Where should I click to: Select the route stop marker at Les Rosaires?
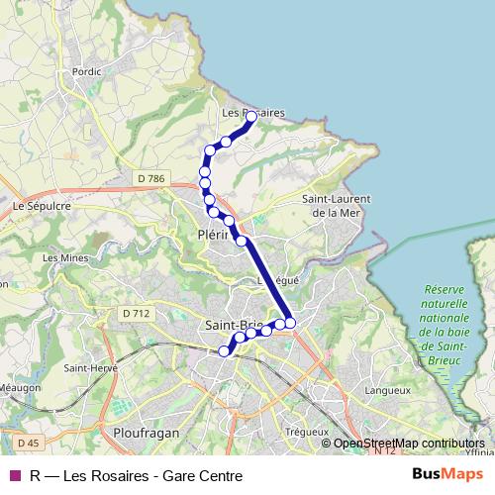click(x=250, y=117)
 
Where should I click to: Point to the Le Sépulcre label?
click(x=39, y=207)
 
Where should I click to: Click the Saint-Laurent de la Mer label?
click(x=331, y=205)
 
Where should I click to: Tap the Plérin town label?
click(x=214, y=236)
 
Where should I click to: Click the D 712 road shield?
click(x=137, y=314)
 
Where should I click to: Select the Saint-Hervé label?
click(x=85, y=366)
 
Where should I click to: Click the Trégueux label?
click(x=305, y=432)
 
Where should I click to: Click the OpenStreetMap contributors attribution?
click(x=408, y=443)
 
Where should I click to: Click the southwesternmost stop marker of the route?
click(x=225, y=350)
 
